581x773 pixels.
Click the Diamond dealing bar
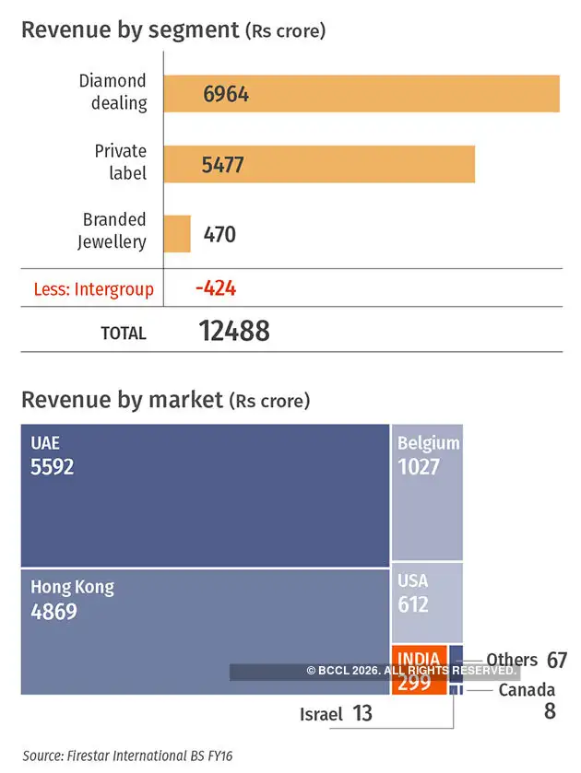tap(362, 93)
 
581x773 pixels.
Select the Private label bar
tap(319, 164)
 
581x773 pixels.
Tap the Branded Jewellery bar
tap(177, 234)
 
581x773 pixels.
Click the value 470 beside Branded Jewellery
tap(219, 234)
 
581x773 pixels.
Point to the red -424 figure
tap(216, 288)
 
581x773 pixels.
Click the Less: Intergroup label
tap(93, 289)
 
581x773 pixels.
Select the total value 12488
tap(234, 332)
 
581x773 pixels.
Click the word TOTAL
tap(124, 334)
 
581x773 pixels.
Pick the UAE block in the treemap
tap(205, 495)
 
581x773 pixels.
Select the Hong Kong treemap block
tap(205, 631)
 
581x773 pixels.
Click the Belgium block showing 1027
tap(427, 492)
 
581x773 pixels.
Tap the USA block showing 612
tap(427, 602)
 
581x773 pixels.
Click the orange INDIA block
tap(419, 671)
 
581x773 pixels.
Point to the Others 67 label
tap(526, 660)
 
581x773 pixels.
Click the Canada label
tap(527, 690)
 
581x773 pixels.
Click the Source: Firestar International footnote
tap(127, 755)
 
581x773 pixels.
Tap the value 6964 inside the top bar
tap(225, 94)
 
